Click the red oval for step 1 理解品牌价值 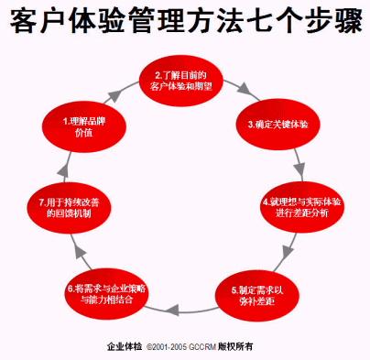(x=84, y=126)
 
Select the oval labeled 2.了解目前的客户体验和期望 (x=181, y=81)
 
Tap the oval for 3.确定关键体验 (x=277, y=125)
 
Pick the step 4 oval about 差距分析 (x=302, y=207)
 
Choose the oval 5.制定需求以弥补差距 (x=257, y=296)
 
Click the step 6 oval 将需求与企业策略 (x=106, y=294)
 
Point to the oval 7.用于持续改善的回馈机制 (x=69, y=208)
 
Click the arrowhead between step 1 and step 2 (x=114, y=95)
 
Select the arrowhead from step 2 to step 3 (x=244, y=89)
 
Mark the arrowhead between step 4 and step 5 (x=288, y=252)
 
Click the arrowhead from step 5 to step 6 (x=172, y=310)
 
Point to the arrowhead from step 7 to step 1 (x=63, y=170)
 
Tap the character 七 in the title (x=260, y=20)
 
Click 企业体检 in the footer (x=125, y=346)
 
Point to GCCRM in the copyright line (x=202, y=347)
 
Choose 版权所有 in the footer (x=235, y=346)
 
